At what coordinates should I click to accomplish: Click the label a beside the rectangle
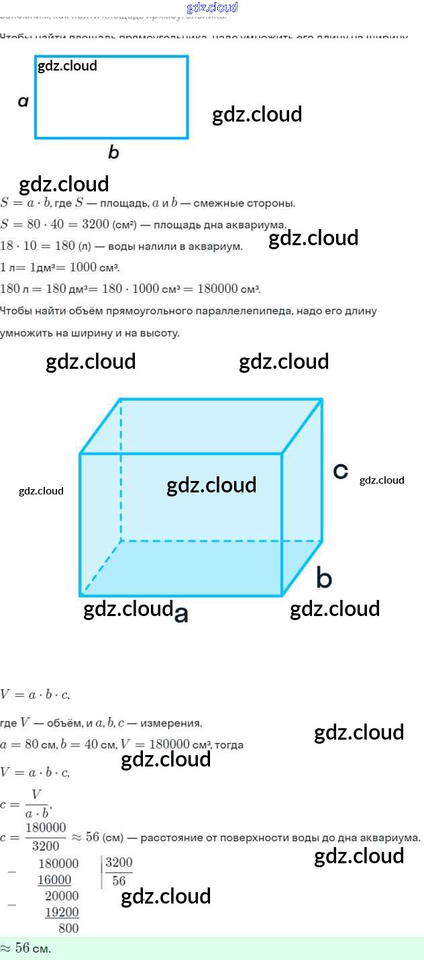click(23, 101)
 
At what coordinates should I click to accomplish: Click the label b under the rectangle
click(113, 152)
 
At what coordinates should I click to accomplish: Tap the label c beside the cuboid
click(341, 472)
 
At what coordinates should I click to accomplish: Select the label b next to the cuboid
click(324, 578)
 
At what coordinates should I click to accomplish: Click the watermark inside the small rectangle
click(67, 66)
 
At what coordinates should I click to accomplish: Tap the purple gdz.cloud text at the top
click(212, 7)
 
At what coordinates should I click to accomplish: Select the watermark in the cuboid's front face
click(211, 485)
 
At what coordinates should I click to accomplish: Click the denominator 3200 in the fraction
click(46, 846)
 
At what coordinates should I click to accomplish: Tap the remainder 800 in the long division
click(68, 928)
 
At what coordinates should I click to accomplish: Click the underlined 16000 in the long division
click(54, 880)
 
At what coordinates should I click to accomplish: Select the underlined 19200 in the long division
click(62, 912)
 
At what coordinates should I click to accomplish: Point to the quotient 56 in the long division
click(119, 881)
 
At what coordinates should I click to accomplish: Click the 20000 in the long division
click(62, 896)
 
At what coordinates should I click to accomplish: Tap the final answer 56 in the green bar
click(23, 948)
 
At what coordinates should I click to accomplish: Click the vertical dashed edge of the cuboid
click(121, 470)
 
